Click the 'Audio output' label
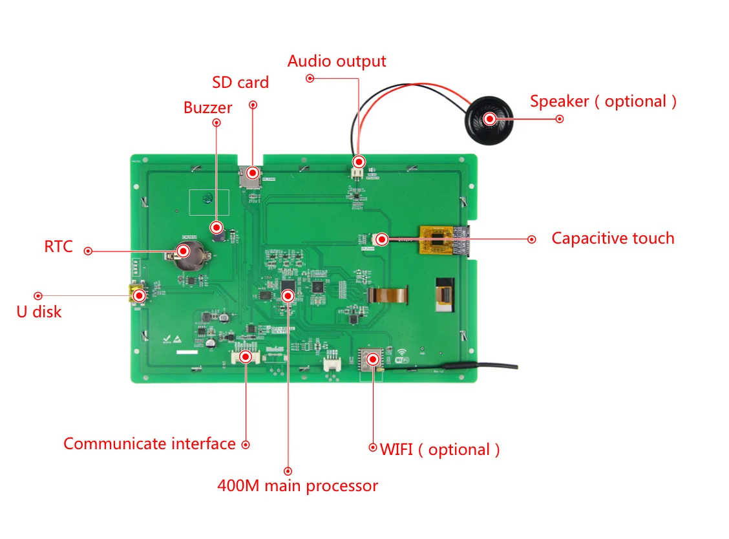click(337, 61)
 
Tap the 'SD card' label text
click(240, 83)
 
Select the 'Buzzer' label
click(207, 107)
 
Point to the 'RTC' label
click(59, 247)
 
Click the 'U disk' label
click(39, 312)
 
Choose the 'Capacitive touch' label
click(613, 238)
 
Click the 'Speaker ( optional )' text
click(603, 101)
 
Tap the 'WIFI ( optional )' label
click(439, 449)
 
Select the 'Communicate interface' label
click(149, 444)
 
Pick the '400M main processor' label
click(297, 485)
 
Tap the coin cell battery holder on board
click(184, 253)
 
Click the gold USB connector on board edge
click(138, 295)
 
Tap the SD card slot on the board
click(251, 174)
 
